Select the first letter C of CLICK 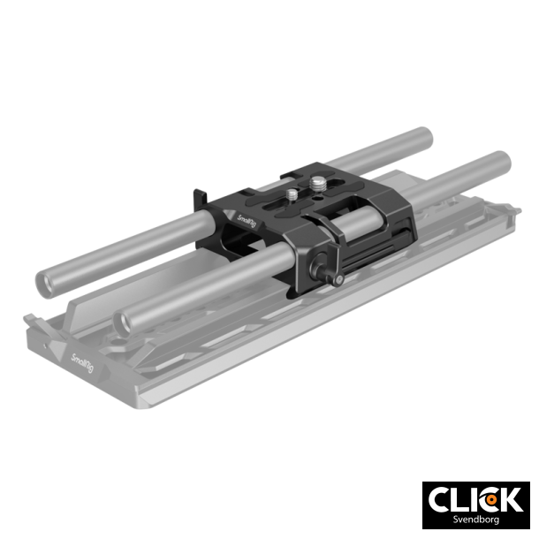click(440, 500)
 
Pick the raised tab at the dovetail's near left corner click(27, 315)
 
